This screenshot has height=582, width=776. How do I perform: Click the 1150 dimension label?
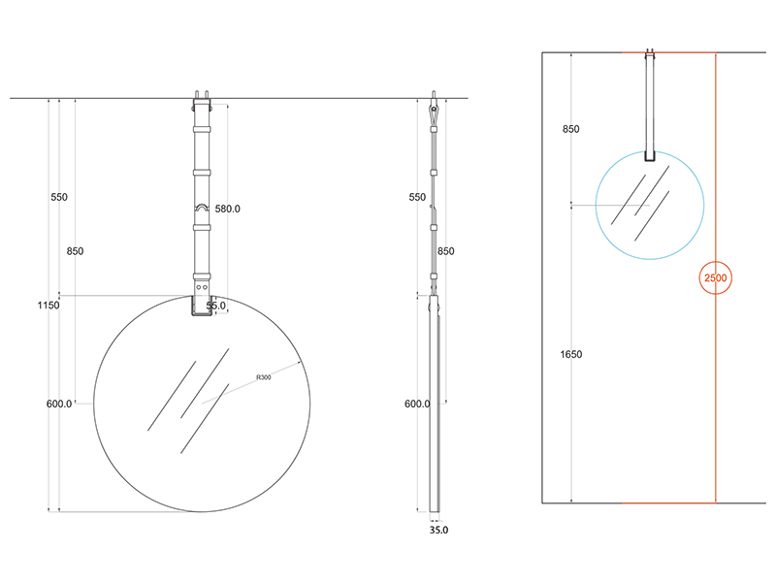pyautogui.click(x=48, y=305)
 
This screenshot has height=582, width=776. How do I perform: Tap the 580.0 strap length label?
pyautogui.click(x=227, y=209)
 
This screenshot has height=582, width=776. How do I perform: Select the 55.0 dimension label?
pyautogui.click(x=215, y=306)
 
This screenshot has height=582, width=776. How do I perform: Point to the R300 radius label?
pyautogui.click(x=264, y=377)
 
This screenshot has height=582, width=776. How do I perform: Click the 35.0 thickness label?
pyautogui.click(x=438, y=530)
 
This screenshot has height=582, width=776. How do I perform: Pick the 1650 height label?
pyautogui.click(x=571, y=354)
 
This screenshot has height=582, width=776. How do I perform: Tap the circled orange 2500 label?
pyautogui.click(x=716, y=277)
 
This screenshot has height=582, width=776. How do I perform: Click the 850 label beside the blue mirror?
pyautogui.click(x=570, y=129)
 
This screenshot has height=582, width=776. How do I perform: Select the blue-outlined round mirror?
pyautogui.click(x=650, y=205)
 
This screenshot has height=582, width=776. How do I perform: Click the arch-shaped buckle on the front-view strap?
pyautogui.click(x=202, y=209)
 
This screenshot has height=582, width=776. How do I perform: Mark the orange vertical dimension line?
pyautogui.click(x=716, y=277)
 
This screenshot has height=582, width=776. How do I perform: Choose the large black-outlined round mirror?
pyautogui.click(x=202, y=404)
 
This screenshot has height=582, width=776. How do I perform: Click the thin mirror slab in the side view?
pyautogui.click(x=434, y=404)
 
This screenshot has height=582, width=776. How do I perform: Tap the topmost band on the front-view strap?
pyautogui.click(x=202, y=130)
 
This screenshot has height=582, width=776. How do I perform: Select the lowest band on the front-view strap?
pyautogui.click(x=202, y=276)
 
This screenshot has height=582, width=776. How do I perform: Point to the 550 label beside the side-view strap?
pyautogui.click(x=417, y=197)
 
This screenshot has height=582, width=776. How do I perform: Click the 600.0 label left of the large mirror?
pyautogui.click(x=59, y=404)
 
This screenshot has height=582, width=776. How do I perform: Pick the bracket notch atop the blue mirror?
pyautogui.click(x=650, y=156)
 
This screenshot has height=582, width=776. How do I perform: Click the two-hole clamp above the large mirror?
pyautogui.click(x=202, y=287)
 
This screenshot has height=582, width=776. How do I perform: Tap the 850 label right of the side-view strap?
pyautogui.click(x=445, y=251)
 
